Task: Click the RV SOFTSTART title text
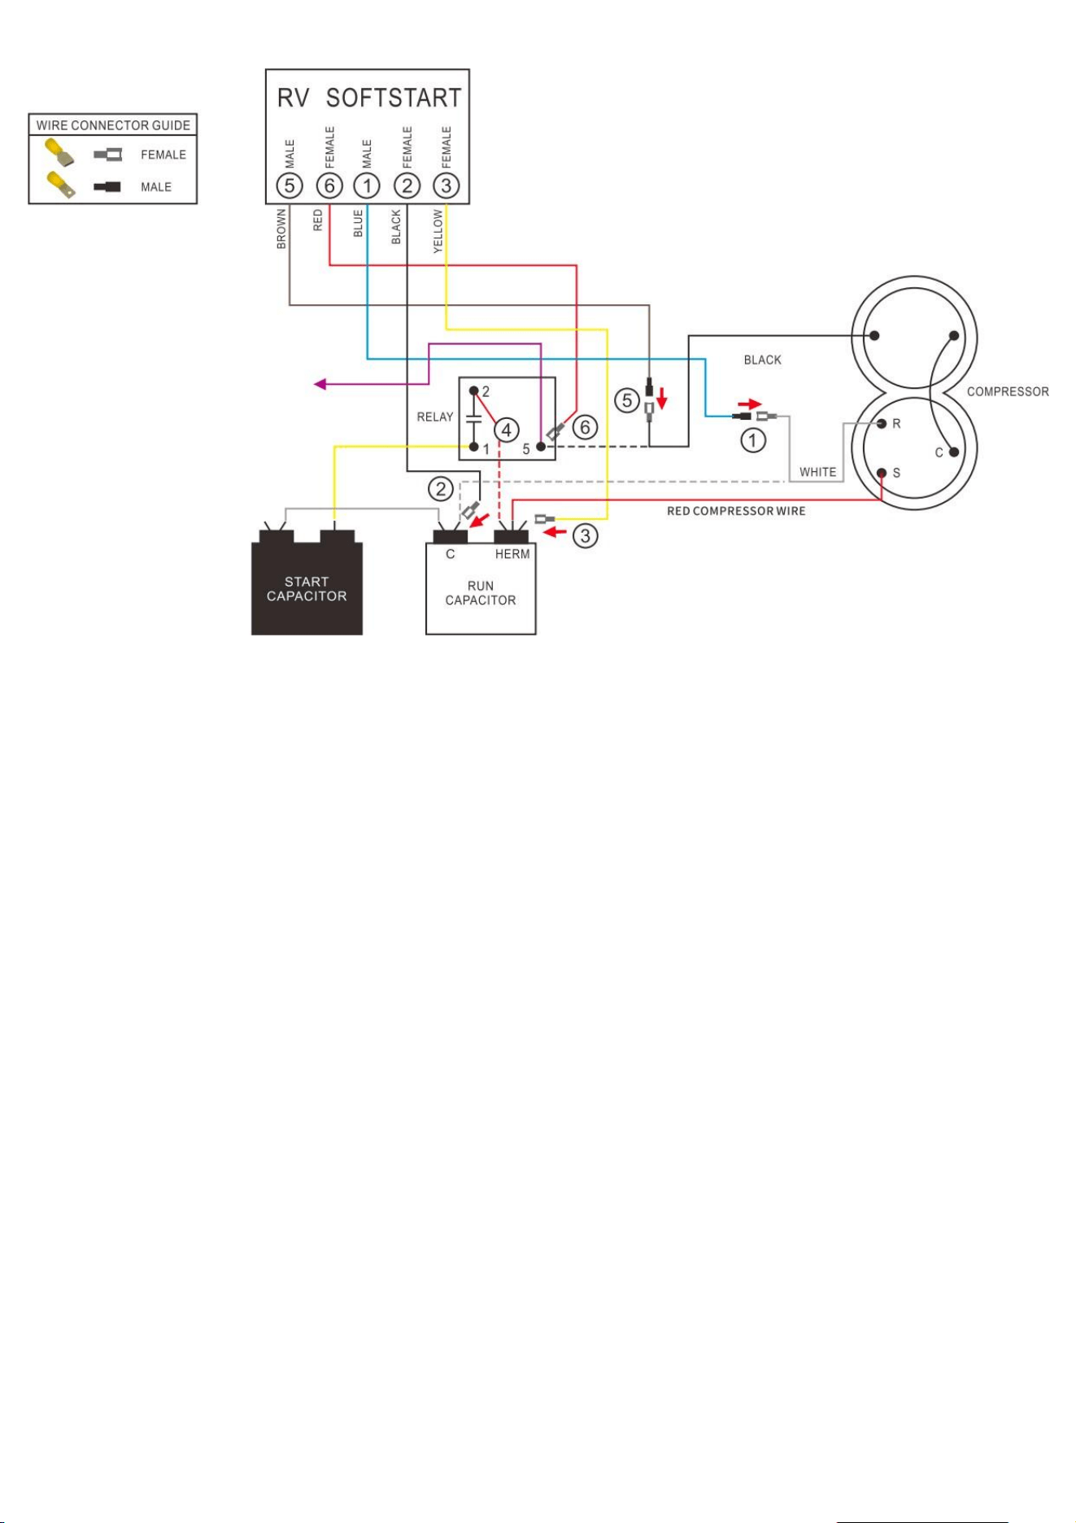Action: pyautogui.click(x=369, y=98)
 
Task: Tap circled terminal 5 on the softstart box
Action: pyautogui.click(x=290, y=185)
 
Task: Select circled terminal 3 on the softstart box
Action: pyautogui.click(x=446, y=185)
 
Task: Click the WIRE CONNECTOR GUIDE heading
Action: pyautogui.click(x=113, y=125)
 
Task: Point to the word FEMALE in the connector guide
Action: pyautogui.click(x=163, y=155)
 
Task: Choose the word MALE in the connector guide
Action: pyautogui.click(x=156, y=187)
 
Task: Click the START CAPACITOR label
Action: pyautogui.click(x=307, y=589)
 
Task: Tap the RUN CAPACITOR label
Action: pyautogui.click(x=481, y=593)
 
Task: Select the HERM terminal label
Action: pyautogui.click(x=512, y=554)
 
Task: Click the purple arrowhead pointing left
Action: pyautogui.click(x=320, y=384)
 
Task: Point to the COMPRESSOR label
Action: pyautogui.click(x=1008, y=391)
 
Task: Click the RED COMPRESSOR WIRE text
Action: pyautogui.click(x=736, y=511)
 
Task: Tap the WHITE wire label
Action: pyautogui.click(x=817, y=472)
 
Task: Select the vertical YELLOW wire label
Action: pyautogui.click(x=438, y=231)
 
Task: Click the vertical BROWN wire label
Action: pyautogui.click(x=281, y=229)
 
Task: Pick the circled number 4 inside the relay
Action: pyautogui.click(x=507, y=430)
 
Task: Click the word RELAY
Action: pyautogui.click(x=435, y=417)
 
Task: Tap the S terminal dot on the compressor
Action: pyautogui.click(x=882, y=473)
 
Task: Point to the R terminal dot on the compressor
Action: pyautogui.click(x=882, y=423)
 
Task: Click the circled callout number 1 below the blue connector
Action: pyautogui.click(x=753, y=441)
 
